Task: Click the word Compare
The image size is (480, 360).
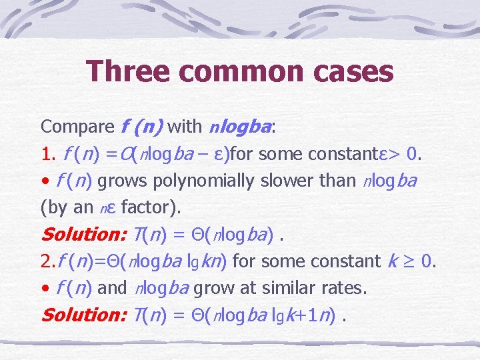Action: [x=78, y=126]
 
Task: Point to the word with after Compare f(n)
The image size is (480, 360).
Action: [x=185, y=126]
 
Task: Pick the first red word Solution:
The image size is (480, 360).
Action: [x=83, y=235]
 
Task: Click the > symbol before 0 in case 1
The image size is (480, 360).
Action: [x=395, y=154]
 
